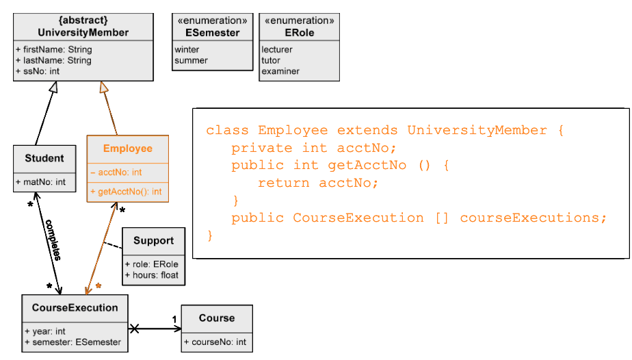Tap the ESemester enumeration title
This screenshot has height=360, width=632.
pos(212,32)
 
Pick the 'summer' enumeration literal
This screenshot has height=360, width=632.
pos(191,60)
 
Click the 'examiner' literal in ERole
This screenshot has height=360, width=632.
pos(280,71)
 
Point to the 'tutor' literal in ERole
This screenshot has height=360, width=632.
pos(271,60)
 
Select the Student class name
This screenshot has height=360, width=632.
pos(44,158)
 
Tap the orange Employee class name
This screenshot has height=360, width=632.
pos(127,149)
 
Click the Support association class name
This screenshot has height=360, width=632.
pos(153,240)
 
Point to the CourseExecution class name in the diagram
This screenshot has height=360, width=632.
pos(75,307)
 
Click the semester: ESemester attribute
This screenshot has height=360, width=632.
pos(73,342)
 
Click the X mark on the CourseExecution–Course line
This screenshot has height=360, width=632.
pos(135,329)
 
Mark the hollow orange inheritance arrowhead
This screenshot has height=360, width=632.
pos(104,87)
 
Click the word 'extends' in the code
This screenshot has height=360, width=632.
pos(368,130)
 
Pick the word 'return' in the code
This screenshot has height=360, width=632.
pos(284,183)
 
